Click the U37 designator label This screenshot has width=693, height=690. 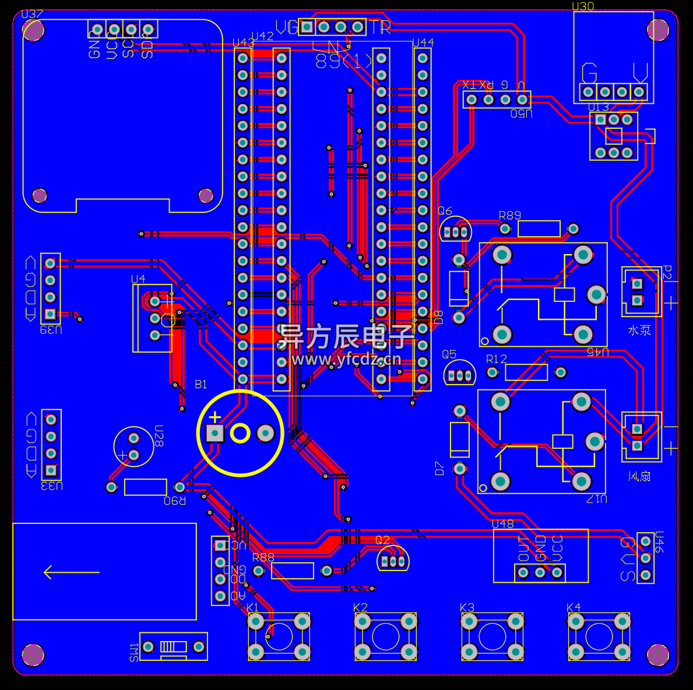[31, 15]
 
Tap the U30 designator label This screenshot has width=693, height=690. [583, 6]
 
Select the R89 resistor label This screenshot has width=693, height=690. [510, 216]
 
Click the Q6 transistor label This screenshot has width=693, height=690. [445, 211]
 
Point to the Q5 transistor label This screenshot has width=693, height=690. [449, 354]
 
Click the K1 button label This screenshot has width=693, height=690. [253, 607]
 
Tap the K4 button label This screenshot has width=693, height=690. [574, 607]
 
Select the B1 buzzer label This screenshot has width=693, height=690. [200, 384]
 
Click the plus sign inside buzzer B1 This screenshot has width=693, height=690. [215, 417]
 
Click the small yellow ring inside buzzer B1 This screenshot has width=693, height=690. [240, 433]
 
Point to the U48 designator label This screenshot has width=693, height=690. [502, 524]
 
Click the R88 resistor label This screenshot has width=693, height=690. [263, 558]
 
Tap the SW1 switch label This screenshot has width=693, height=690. [135, 652]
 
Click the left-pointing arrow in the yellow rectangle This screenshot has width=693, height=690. [71, 572]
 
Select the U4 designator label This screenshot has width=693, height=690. [138, 279]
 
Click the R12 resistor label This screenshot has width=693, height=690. [497, 359]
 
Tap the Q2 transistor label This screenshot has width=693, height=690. [382, 540]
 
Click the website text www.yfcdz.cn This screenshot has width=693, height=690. [346, 359]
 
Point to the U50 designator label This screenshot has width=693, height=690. [522, 114]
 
